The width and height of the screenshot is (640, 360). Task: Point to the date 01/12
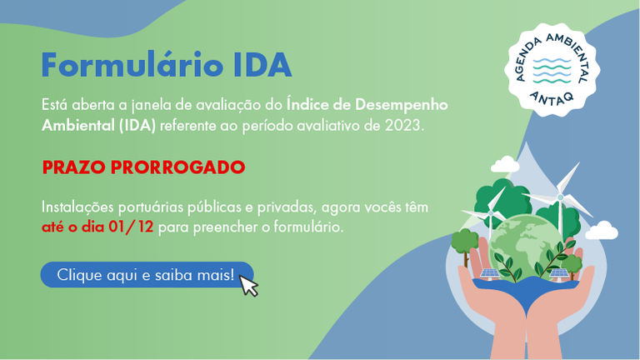pyautogui.click(x=131, y=227)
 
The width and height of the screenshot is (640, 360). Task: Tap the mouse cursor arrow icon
pyautogui.click(x=248, y=285)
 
